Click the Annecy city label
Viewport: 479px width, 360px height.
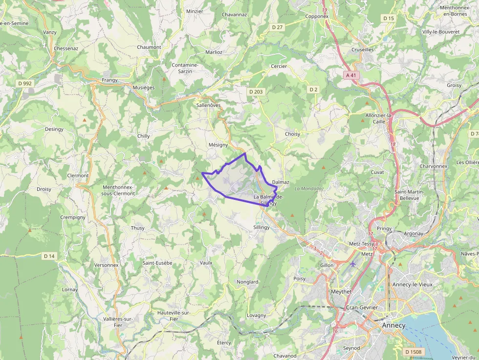[x=393, y=325]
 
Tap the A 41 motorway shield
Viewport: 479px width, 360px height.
[x=350, y=75]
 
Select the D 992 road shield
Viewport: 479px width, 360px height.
[x=24, y=84]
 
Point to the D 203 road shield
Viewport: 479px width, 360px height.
[x=256, y=92]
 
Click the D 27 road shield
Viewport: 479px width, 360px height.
[x=277, y=27]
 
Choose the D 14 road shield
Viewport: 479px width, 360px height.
[x=49, y=256]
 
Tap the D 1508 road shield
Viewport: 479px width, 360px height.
[x=413, y=352]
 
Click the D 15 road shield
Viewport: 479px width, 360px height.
[x=388, y=18]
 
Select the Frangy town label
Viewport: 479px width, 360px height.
[x=109, y=80]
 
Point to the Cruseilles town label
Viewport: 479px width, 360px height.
[x=363, y=50]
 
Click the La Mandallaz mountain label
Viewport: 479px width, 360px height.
[x=309, y=189]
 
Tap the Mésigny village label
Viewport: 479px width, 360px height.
[x=218, y=145]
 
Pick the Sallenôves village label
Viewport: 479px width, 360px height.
[x=208, y=105]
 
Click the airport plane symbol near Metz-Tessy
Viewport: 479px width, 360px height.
[x=353, y=264]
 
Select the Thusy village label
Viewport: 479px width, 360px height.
[x=138, y=228]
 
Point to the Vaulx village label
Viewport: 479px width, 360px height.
[x=206, y=263]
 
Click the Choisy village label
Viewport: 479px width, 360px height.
[x=292, y=134]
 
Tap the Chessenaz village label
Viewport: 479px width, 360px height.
[x=66, y=49]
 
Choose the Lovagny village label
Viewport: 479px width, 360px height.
[x=256, y=316]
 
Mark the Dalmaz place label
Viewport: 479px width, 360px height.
[x=281, y=182]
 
